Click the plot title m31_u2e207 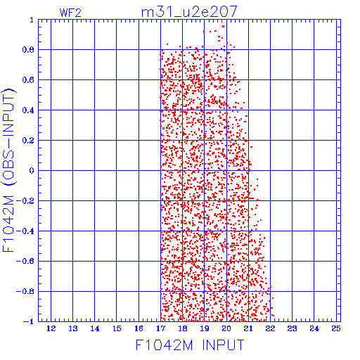click(189, 12)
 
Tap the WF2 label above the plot click(70, 13)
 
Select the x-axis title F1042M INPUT click(190, 345)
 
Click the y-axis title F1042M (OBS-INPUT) click(8, 170)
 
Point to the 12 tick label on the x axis click(51, 328)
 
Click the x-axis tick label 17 click(160, 328)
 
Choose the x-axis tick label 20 click(226, 328)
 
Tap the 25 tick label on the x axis click(336, 328)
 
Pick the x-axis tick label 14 click(95, 328)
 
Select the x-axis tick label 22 click(270, 328)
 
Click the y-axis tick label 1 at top click(32, 20)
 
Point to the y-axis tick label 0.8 click(28, 50)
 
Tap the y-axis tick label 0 click(32, 170)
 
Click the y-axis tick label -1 click(28, 321)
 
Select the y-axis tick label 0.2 click(28, 141)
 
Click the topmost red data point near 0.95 click(223, 27)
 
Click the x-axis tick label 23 click(292, 328)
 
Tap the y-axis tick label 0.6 click(28, 80)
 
